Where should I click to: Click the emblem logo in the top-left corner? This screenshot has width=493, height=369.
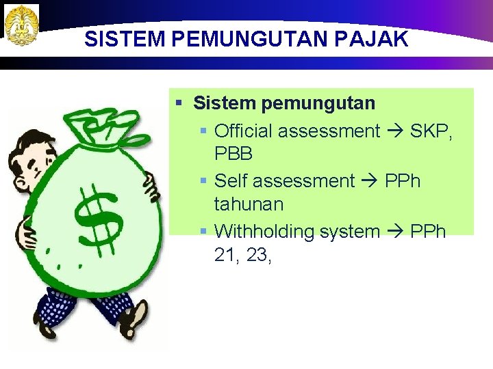pyautogui.click(x=21, y=25)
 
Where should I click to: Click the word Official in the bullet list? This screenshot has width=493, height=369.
pyautogui.click(x=243, y=131)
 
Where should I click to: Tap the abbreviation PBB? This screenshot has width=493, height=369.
pyautogui.click(x=233, y=154)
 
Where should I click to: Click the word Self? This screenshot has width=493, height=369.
pyautogui.click(x=229, y=181)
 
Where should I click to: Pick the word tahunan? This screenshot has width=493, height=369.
pyautogui.click(x=249, y=204)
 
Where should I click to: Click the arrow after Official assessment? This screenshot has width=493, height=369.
pyautogui.click(x=395, y=131)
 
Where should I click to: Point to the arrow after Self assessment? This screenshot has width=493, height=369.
pyautogui.click(x=370, y=182)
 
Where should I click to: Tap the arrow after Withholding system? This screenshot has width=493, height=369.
pyautogui.click(x=395, y=232)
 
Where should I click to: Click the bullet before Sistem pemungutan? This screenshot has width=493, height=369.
pyautogui.click(x=179, y=104)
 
